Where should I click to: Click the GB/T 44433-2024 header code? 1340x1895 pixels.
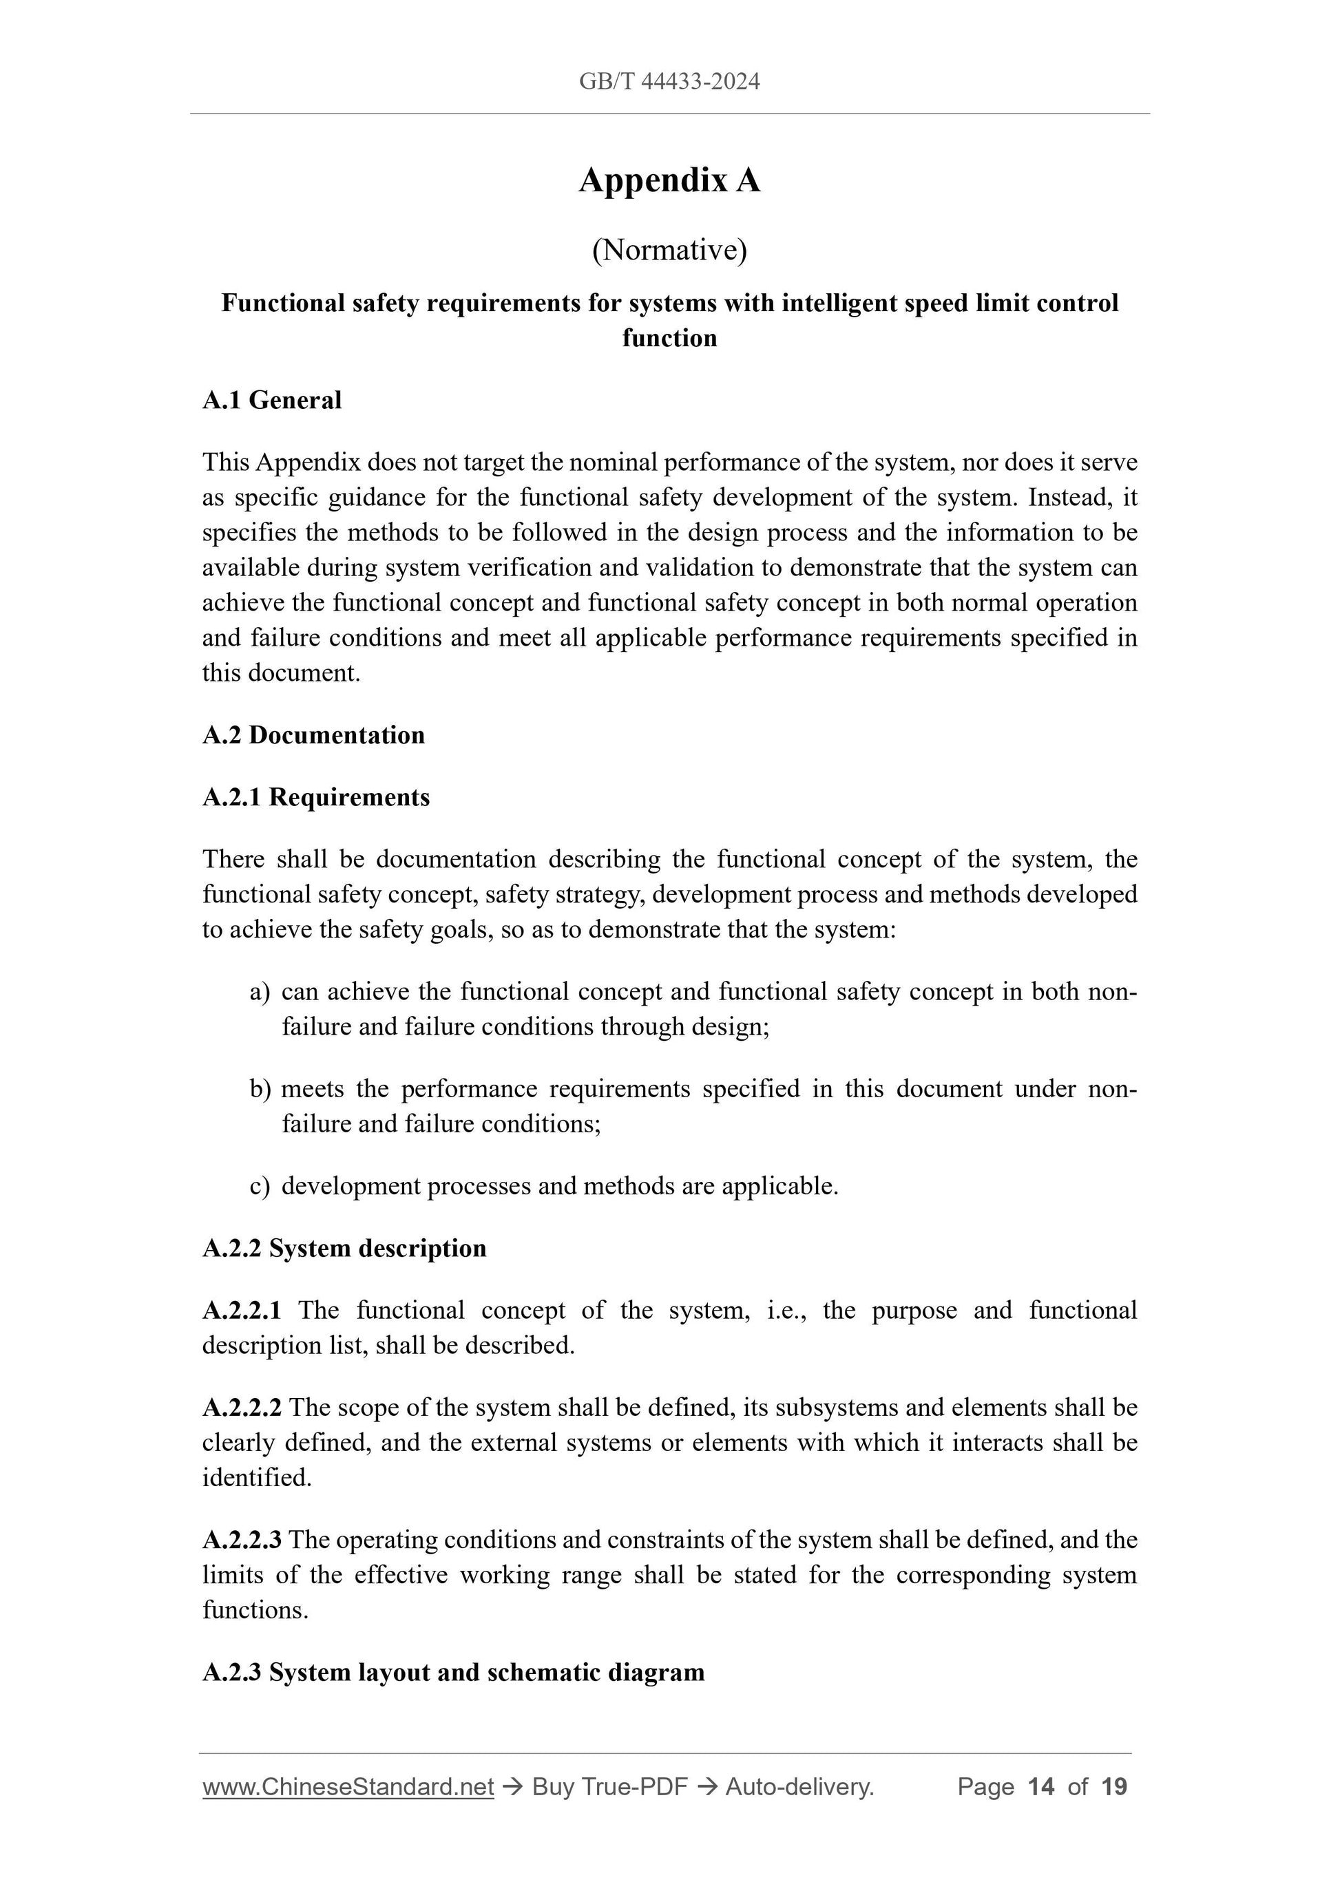tap(669, 81)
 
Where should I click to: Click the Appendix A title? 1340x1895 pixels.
tap(669, 180)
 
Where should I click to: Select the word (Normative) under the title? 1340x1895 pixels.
tap(669, 250)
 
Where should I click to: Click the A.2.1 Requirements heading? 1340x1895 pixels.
tap(315, 797)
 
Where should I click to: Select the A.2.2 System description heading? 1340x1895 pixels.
tap(344, 1248)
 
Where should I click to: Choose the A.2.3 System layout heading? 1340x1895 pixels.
tap(453, 1672)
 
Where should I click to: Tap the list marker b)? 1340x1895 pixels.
tap(260, 1090)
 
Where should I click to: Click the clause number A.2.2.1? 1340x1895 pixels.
tap(242, 1311)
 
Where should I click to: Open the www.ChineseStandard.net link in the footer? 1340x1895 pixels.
tap(348, 1787)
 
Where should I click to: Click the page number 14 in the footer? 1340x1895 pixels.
tap(1041, 1787)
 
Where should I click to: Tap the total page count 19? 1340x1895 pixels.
tap(1113, 1787)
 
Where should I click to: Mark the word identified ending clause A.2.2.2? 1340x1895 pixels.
tap(256, 1477)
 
